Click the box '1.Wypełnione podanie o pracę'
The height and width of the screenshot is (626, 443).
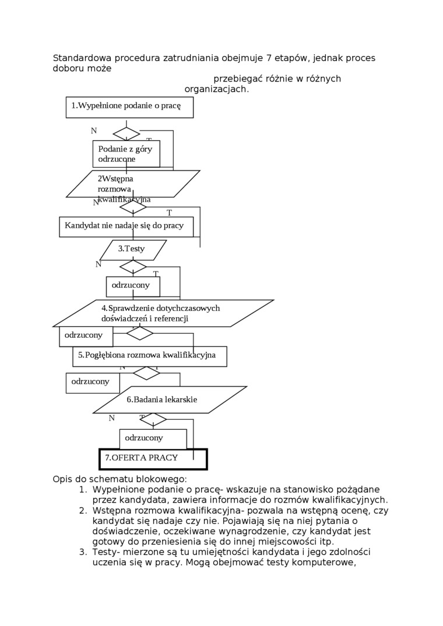[129, 107]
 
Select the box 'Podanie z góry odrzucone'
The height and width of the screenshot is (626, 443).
[126, 154]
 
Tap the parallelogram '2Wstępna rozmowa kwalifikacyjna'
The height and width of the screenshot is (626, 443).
[133, 184]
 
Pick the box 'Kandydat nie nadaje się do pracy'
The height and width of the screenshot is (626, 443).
[126, 227]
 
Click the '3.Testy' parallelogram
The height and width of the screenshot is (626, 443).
[133, 250]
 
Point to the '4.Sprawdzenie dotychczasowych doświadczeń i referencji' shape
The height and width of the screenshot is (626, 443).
[163, 313]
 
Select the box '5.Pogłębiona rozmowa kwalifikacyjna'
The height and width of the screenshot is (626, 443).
[150, 356]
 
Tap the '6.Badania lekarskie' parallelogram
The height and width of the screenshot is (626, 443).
[170, 399]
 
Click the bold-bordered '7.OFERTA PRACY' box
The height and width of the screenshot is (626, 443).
[153, 459]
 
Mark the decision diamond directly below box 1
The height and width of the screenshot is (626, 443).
[126, 134]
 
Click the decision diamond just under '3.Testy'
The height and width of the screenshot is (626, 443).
[133, 267]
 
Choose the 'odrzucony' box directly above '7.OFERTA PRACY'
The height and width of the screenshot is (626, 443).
[153, 438]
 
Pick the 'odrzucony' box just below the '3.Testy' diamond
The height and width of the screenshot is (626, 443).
[133, 286]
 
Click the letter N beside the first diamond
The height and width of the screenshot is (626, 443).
[94, 131]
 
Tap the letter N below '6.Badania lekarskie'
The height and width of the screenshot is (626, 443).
[111, 418]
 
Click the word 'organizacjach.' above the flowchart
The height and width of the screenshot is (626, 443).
[217, 90]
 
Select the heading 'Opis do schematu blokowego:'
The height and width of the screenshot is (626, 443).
[119, 479]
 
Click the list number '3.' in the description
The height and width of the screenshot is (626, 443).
[83, 552]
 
